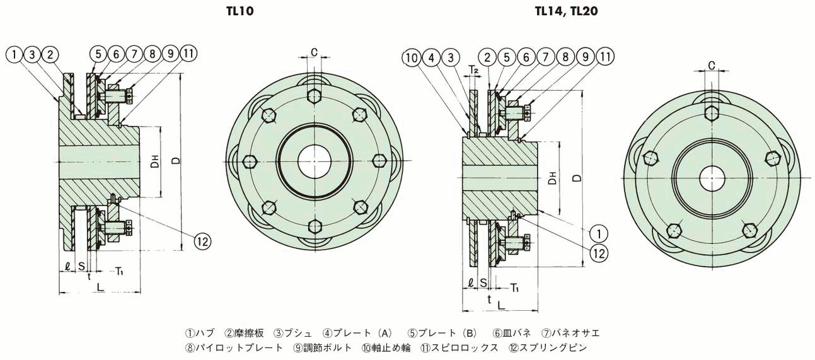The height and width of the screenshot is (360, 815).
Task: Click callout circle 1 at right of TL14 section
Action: pyautogui.click(x=599, y=234)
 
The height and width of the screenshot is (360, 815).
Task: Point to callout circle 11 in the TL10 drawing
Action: pyautogui.click(x=188, y=54)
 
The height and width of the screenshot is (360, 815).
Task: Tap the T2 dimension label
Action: pyautogui.click(x=473, y=70)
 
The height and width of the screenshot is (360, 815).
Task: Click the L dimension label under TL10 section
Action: pyautogui.click(x=100, y=287)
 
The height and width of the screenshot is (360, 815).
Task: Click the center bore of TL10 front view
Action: pyautogui.click(x=313, y=161)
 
